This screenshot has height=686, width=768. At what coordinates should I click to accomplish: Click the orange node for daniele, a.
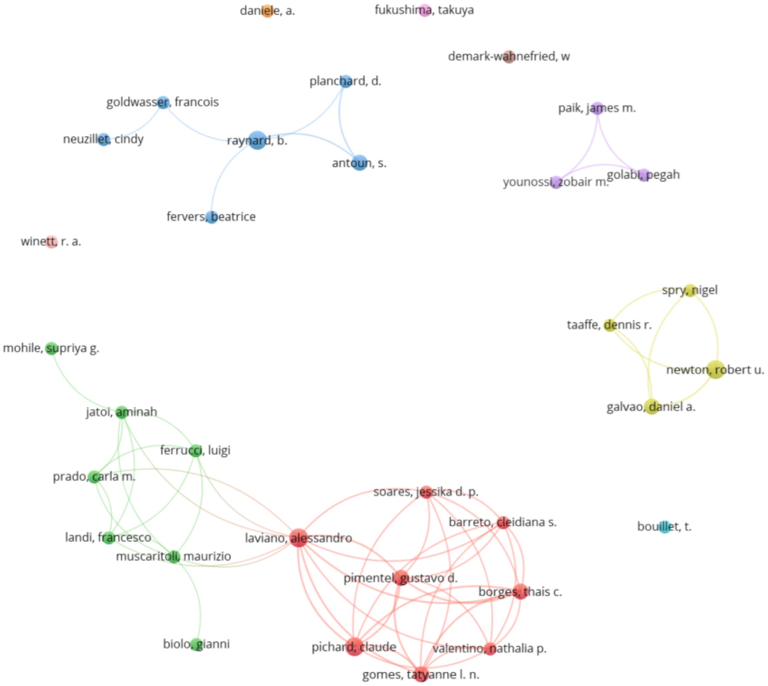(268, 11)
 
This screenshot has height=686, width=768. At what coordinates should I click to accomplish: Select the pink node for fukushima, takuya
(425, 10)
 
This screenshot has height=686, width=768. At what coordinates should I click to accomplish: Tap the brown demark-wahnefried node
(509, 57)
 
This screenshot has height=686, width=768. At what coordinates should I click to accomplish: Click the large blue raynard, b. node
(257, 140)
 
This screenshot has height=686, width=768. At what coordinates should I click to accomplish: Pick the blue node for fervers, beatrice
(211, 217)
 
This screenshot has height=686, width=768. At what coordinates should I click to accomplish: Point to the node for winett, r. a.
(51, 242)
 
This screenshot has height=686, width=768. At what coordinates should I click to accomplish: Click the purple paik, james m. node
(597, 108)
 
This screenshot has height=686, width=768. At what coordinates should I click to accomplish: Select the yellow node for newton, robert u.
(716, 370)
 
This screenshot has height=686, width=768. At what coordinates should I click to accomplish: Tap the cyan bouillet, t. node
(664, 527)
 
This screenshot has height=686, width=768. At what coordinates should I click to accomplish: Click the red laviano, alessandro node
(298, 538)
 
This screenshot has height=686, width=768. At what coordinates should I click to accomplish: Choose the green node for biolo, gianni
(197, 644)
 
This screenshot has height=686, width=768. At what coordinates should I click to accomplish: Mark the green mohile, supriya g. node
(52, 348)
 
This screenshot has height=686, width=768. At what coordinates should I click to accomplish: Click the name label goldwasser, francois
(162, 102)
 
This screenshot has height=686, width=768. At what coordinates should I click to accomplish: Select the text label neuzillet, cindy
(103, 139)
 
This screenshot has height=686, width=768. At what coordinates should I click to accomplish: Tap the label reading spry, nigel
(690, 290)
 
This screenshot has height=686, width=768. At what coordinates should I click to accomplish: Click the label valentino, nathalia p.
(489, 648)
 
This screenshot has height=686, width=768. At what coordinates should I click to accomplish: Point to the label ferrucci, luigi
(195, 450)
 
